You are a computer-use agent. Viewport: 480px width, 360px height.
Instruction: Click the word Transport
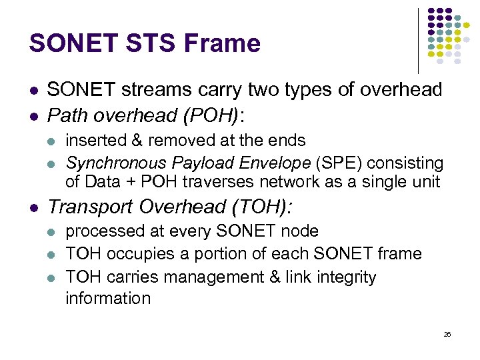point(89,207)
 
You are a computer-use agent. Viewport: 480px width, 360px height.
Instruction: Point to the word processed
point(101,231)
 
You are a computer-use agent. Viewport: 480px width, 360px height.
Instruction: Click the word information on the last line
point(108,298)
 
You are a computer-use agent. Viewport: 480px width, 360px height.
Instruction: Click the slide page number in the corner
point(447,334)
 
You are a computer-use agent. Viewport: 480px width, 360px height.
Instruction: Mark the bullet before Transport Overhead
point(33,207)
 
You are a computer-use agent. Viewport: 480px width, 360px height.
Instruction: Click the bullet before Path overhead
point(33,116)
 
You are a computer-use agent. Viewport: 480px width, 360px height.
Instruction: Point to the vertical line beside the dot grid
point(419,40)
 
